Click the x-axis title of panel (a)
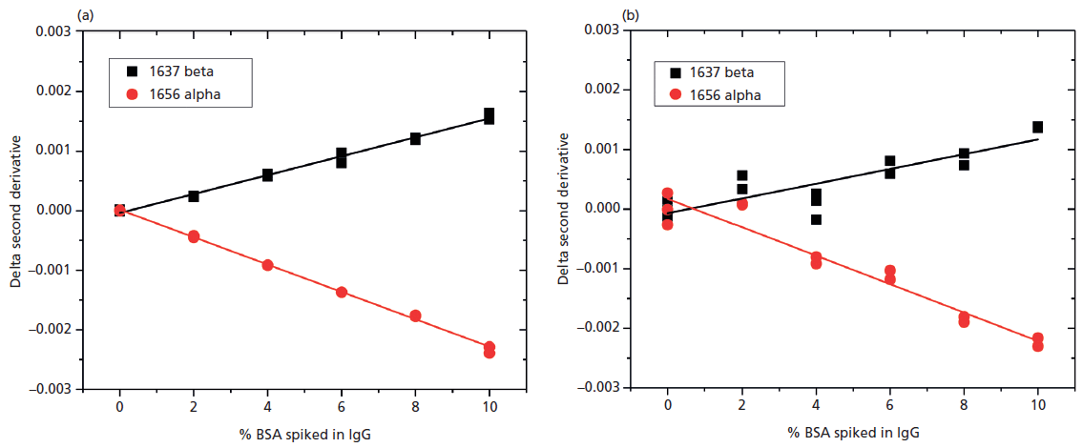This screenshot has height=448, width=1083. (303, 435)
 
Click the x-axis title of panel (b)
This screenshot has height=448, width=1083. (852, 435)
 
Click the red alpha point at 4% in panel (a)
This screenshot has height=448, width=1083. (267, 265)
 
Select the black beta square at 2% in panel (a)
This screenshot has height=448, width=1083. (194, 196)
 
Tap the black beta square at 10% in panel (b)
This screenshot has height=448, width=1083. (1037, 127)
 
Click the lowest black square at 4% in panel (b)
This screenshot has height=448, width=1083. (816, 220)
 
